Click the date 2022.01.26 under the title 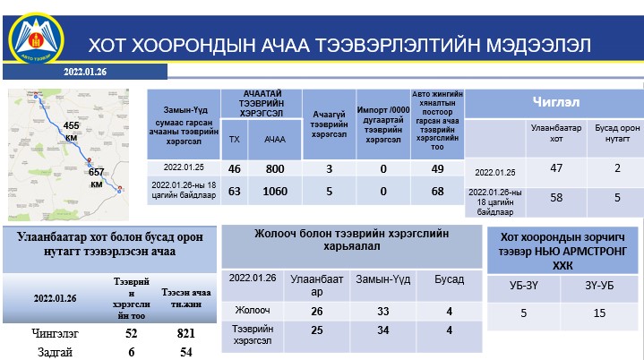[85, 72]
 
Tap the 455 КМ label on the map [72, 132]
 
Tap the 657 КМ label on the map [96, 176]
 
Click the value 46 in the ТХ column [235, 168]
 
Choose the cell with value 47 [557, 168]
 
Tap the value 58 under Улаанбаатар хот [557, 197]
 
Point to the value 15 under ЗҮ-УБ [599, 313]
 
